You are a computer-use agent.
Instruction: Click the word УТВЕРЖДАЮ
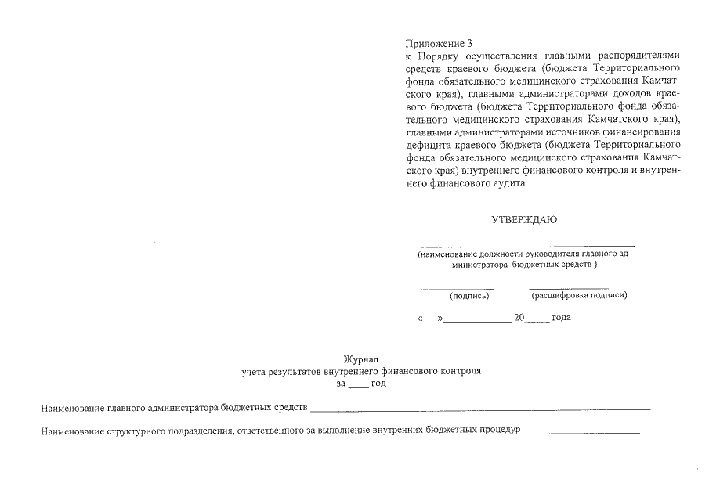coord(524,220)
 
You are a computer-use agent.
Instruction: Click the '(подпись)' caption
coord(469,296)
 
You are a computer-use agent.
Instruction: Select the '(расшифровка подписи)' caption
coord(579,295)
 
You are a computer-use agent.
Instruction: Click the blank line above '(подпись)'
coord(457,289)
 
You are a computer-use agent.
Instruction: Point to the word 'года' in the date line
coord(561,318)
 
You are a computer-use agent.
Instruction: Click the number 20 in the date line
coord(518,318)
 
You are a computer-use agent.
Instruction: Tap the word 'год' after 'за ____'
coord(378,384)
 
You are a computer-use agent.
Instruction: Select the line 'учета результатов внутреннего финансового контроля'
coord(361,372)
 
